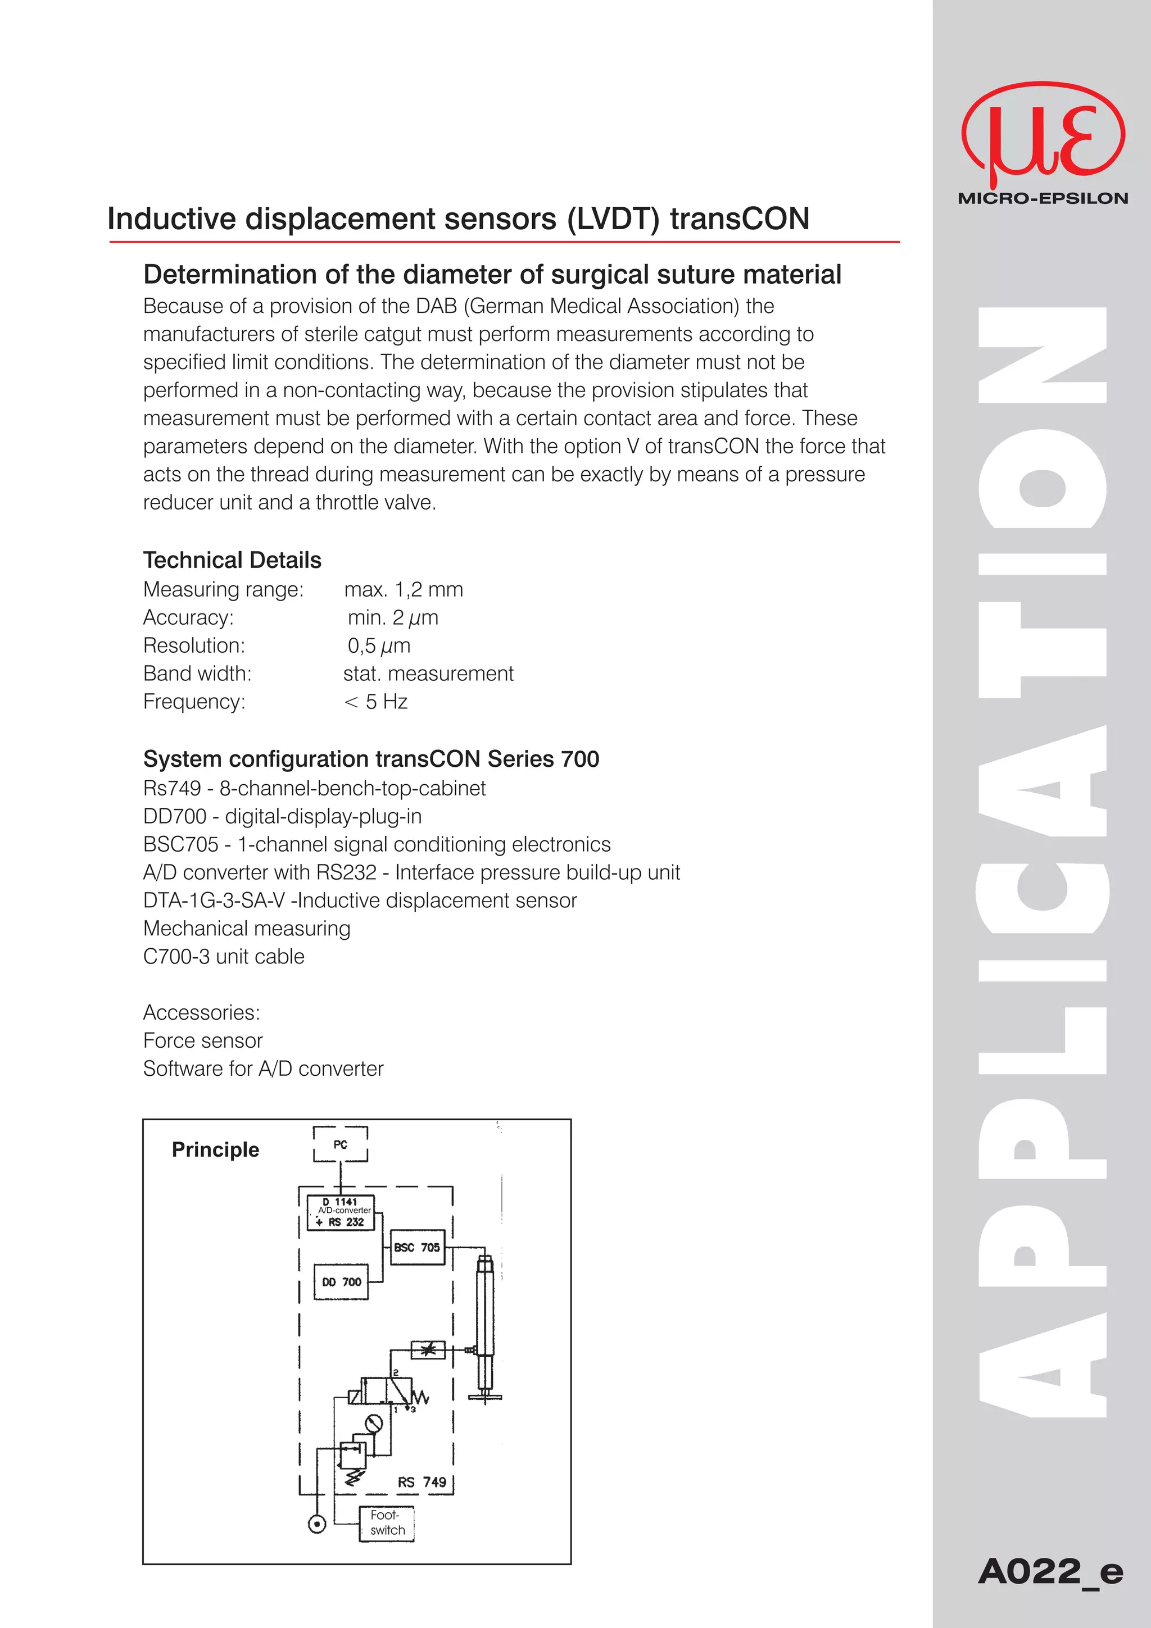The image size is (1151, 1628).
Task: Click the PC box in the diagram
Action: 341,1144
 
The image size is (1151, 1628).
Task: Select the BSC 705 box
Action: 417,1247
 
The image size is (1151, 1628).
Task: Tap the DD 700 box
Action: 341,1281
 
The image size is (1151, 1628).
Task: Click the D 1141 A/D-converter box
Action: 341,1212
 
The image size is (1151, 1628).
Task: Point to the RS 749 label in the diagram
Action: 422,1482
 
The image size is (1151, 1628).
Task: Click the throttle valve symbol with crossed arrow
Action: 428,1350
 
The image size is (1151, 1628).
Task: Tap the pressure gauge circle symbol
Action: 374,1423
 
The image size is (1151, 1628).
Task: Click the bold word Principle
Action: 216,1149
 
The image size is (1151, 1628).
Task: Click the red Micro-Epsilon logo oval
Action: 1043,135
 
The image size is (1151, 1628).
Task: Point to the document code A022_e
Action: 1050,1571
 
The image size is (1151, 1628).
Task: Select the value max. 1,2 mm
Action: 404,589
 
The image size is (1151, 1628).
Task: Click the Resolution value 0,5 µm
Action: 379,645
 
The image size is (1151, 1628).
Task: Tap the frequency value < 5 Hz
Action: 376,701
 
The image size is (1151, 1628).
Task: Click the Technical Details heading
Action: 232,560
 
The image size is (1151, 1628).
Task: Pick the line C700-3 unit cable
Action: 223,957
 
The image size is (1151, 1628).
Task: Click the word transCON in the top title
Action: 739,219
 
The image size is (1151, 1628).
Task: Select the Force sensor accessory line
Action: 203,1040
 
